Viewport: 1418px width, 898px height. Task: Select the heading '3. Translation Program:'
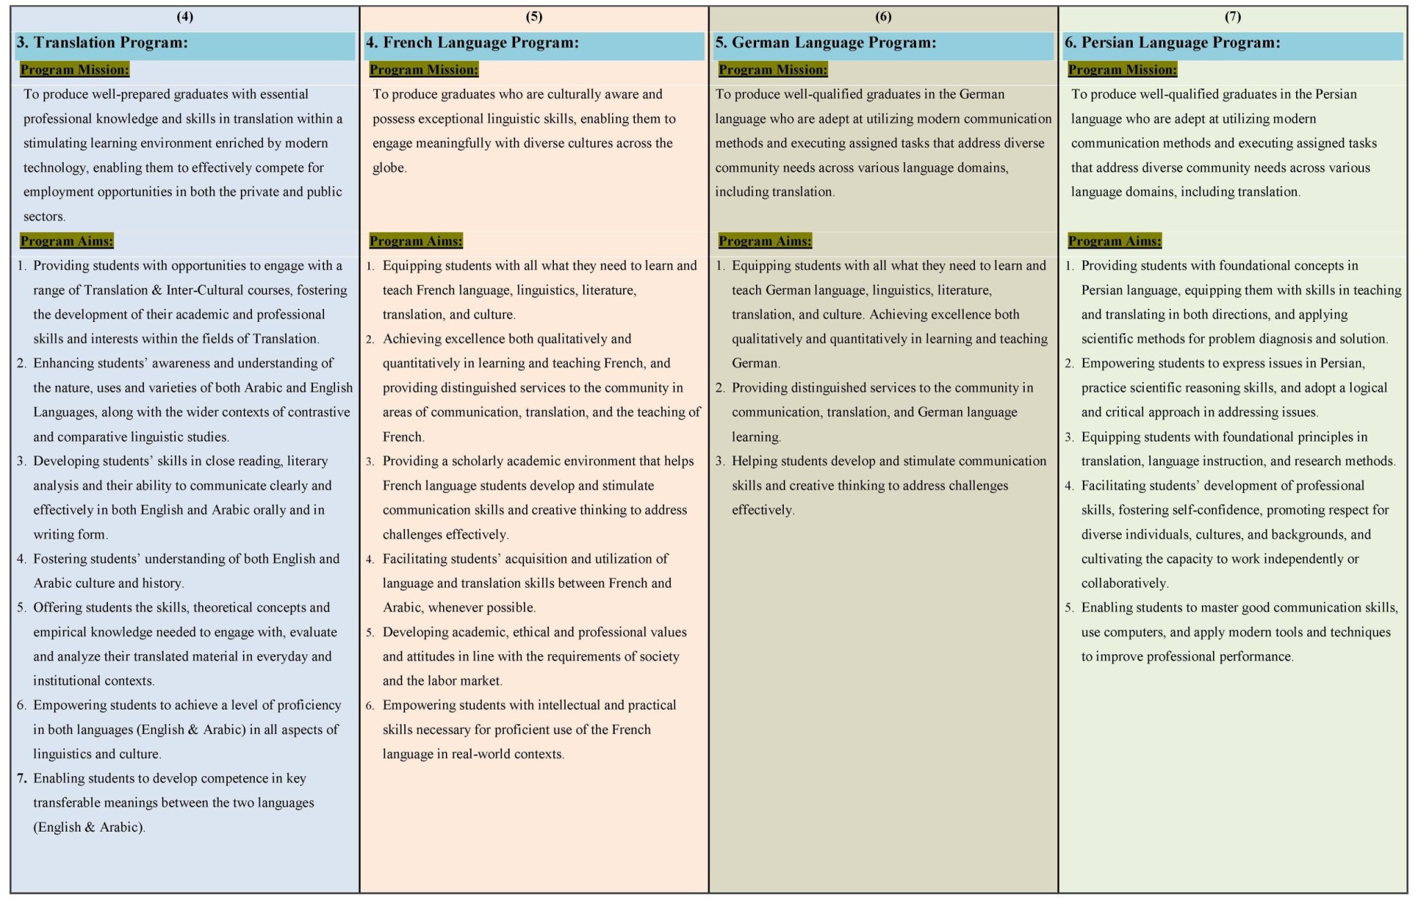102,43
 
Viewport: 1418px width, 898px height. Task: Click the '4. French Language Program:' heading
472,43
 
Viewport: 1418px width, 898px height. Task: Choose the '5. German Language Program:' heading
825,43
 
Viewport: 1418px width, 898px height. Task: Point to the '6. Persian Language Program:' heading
1172,43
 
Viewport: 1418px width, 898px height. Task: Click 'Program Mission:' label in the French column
424,70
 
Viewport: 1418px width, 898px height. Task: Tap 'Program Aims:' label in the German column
765,241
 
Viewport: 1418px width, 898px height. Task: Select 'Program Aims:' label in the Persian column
1115,241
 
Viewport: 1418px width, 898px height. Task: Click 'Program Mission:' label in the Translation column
75,70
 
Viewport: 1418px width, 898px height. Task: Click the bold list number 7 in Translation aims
22,778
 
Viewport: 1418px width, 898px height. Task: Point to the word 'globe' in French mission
388,168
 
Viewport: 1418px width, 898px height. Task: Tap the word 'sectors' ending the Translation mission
44,217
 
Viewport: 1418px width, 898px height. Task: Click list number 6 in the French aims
370,706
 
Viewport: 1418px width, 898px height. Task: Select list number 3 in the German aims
720,461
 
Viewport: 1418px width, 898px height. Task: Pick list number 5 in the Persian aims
1070,608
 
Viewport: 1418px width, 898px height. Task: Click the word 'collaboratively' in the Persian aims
1124,584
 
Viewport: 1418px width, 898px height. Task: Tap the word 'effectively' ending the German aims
762,510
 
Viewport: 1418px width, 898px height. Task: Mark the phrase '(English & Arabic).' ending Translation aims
89,827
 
